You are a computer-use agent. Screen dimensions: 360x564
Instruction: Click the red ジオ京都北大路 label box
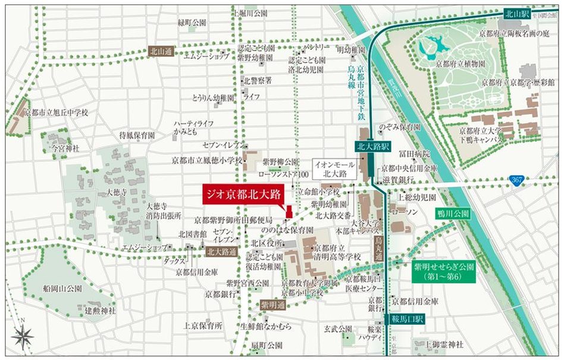242,194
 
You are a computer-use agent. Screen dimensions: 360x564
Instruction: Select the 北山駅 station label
515,12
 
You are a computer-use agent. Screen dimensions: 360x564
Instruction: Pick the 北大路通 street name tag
221,252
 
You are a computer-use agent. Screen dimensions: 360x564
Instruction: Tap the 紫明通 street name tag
273,305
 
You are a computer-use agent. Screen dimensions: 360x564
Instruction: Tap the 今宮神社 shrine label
66,145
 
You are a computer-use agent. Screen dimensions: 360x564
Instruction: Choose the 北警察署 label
258,80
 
